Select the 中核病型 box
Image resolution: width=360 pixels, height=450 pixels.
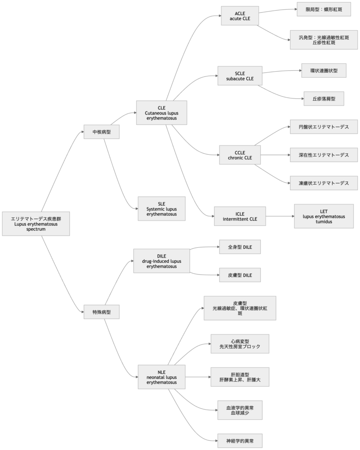click(102, 131)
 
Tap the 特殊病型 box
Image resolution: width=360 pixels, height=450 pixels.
click(102, 312)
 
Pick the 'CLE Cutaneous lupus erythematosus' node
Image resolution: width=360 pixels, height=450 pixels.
click(162, 113)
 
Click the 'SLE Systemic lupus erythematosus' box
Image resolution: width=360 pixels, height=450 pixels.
click(162, 209)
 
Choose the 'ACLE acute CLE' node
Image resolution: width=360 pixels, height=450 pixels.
click(240, 16)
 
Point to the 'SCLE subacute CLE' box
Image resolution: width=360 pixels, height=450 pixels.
click(240, 76)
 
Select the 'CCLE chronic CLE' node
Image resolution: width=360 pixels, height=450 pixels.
click(240, 155)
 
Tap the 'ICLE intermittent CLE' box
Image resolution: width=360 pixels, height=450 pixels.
click(240, 216)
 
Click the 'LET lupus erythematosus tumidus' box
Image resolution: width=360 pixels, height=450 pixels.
click(324, 216)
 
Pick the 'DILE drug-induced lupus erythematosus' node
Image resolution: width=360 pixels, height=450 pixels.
click(162, 261)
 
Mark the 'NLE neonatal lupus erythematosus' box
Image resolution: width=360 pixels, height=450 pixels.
click(162, 377)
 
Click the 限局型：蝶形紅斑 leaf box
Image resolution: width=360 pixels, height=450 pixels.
click(323, 9)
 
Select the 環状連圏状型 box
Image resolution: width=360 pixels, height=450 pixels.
click(324, 71)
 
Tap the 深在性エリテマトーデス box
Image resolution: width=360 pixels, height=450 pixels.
click(324, 155)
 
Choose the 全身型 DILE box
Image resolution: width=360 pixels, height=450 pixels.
click(240, 247)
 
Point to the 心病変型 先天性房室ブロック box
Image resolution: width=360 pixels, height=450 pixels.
click(240, 344)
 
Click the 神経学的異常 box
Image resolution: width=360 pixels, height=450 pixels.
click(240, 440)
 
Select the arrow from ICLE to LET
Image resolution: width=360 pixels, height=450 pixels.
click(279, 216)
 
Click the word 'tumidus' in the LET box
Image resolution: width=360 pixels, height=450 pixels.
click(324, 222)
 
